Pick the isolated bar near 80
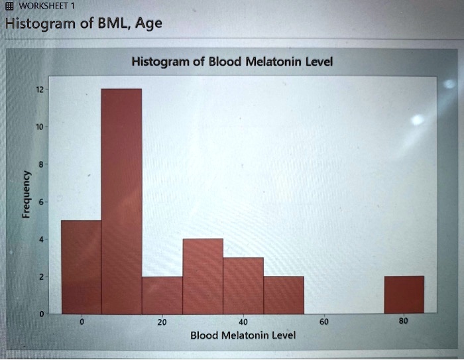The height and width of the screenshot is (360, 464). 404,294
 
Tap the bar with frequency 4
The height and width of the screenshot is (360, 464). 203,276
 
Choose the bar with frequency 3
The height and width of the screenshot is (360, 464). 243,285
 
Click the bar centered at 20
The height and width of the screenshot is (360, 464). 162,294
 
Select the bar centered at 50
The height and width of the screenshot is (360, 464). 284,294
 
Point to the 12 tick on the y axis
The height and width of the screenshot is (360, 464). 40,89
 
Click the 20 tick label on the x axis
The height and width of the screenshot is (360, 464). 162,322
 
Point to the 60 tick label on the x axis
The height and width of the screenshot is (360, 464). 323,322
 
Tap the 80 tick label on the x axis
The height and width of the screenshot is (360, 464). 404,322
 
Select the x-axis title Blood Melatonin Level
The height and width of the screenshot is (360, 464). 243,335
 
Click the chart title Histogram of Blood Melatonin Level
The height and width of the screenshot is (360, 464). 232,62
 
